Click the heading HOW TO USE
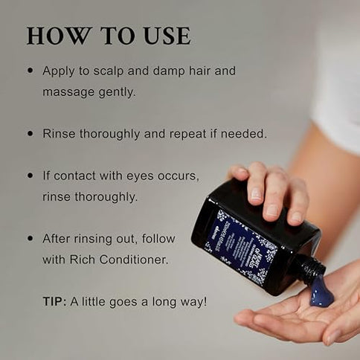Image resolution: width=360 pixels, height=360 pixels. (x=108, y=35)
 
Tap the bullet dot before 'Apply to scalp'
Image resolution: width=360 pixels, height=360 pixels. (x=30, y=71)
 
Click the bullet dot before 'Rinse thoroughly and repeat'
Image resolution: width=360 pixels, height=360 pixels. (x=30, y=134)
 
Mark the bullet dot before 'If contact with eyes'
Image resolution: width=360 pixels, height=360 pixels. (x=30, y=176)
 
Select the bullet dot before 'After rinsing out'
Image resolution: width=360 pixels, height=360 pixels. (x=30, y=239)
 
